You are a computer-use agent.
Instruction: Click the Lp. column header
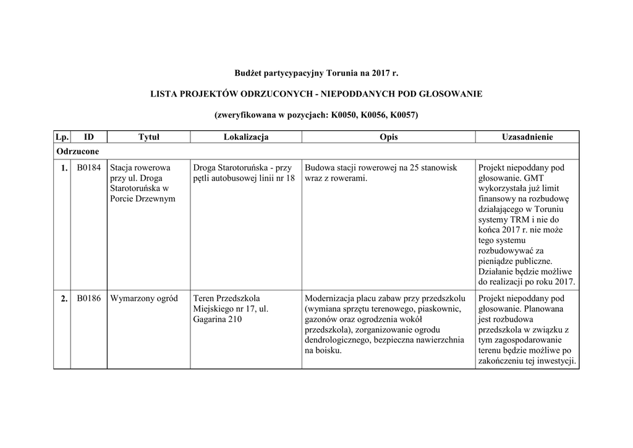point(62,137)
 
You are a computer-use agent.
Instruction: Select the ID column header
point(89,137)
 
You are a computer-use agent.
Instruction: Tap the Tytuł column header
point(148,137)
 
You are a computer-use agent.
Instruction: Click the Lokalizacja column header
point(246,137)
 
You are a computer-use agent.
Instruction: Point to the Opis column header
point(389,137)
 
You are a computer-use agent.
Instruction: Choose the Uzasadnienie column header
point(527,137)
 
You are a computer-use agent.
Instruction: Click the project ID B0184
point(89,167)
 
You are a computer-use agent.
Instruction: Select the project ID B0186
point(89,298)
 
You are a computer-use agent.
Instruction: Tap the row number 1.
point(64,167)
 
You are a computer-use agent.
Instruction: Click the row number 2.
point(64,298)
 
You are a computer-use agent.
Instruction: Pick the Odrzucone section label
point(78,151)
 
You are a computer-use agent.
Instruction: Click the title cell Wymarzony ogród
point(144,298)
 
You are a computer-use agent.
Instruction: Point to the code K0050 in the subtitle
point(344,116)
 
